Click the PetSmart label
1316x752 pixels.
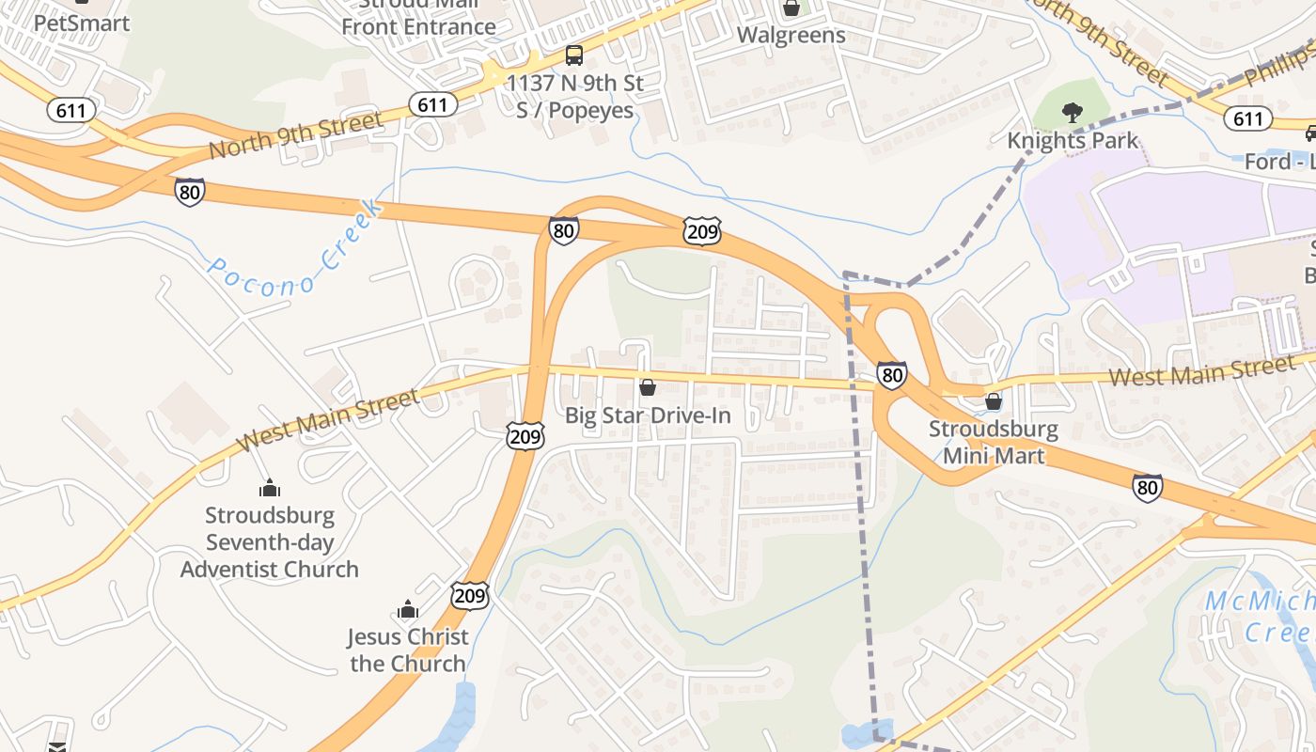coord(81,23)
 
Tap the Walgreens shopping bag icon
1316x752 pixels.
coord(791,8)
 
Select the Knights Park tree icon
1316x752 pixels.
coord(1072,114)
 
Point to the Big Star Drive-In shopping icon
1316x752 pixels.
coord(648,386)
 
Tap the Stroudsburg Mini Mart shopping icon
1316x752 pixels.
coord(994,401)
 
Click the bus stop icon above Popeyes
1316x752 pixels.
coord(574,55)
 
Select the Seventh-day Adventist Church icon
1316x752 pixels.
coord(270,488)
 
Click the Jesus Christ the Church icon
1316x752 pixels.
coord(407,610)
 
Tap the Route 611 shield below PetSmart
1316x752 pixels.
coord(70,110)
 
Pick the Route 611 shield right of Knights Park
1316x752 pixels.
coord(1248,117)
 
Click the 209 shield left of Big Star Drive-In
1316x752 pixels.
coord(525,436)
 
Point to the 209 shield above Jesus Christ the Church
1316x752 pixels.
coord(469,594)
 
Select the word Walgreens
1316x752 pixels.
coord(791,36)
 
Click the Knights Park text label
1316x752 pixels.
coord(1073,141)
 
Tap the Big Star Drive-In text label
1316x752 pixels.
coord(648,415)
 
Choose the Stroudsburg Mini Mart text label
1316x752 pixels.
coord(994,443)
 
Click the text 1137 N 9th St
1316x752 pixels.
coord(575,84)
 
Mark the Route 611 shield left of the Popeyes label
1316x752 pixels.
coord(432,103)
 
